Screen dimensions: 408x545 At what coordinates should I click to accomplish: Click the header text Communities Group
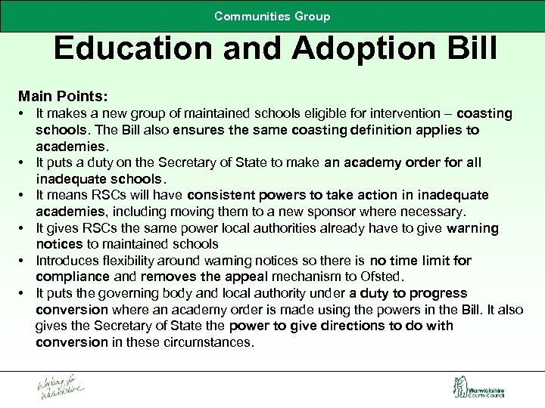tap(272, 16)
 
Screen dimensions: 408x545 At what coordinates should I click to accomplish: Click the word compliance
tap(72, 277)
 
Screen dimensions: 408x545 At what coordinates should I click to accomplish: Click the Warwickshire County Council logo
tap(478, 388)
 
